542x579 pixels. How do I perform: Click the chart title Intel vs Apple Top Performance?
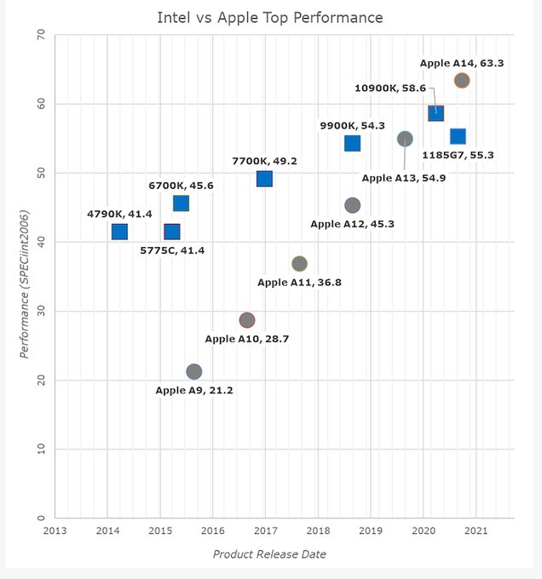point(270,17)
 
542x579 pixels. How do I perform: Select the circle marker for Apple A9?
point(193,371)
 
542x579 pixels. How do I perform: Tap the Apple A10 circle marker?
point(246,320)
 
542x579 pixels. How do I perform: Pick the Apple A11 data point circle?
point(299,264)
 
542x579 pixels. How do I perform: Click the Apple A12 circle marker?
point(352,205)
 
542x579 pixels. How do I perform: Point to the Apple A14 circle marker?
point(462,81)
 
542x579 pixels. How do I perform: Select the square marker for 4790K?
point(119,232)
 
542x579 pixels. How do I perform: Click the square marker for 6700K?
point(181,204)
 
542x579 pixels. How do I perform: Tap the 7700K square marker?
point(264,179)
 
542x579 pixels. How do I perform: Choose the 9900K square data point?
point(352,143)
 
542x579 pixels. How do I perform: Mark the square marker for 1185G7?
point(458,136)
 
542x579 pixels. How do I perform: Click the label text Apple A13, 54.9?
point(403,178)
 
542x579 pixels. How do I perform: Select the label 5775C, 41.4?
point(172,250)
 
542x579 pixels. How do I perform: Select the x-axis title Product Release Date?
point(269,554)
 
